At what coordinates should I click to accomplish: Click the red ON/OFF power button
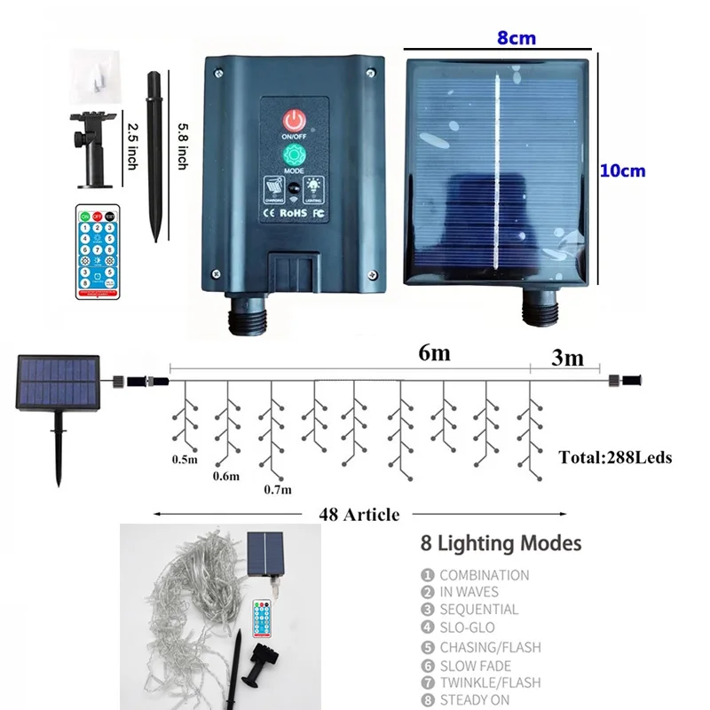pyautogui.click(x=293, y=121)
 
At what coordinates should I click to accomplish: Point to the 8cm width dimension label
pyautogui.click(x=516, y=38)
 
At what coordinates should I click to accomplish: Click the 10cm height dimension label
pyautogui.click(x=622, y=170)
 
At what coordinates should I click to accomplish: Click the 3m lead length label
pyautogui.click(x=567, y=358)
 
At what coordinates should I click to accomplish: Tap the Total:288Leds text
pyautogui.click(x=615, y=458)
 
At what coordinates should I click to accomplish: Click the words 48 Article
pyautogui.click(x=359, y=514)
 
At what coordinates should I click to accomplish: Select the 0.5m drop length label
pyautogui.click(x=184, y=460)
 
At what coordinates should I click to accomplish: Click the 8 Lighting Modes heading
pyautogui.click(x=501, y=542)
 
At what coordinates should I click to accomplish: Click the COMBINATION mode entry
pyautogui.click(x=484, y=574)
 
